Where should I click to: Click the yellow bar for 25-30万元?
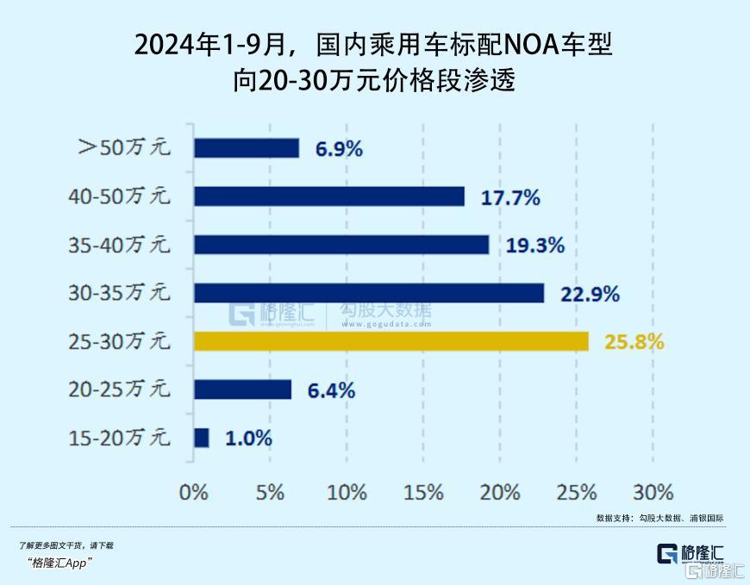[391, 341]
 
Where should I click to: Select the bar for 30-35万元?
[369, 293]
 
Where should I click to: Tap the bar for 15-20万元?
[202, 438]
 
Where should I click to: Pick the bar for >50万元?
[247, 148]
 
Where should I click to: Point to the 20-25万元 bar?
[243, 389]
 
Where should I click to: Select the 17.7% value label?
[509, 197]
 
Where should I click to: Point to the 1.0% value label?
[248, 439]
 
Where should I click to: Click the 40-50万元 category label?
[119, 196]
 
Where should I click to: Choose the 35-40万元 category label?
[119, 245]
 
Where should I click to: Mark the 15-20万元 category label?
[119, 438]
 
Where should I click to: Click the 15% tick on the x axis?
[423, 493]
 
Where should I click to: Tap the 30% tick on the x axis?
[653, 493]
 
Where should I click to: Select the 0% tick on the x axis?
[194, 493]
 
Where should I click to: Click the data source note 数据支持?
[613, 519]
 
